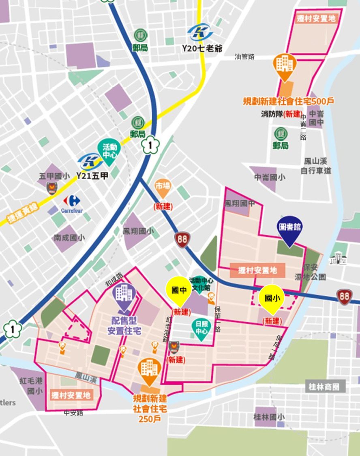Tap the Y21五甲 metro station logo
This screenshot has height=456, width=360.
90,161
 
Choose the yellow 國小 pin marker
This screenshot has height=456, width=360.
272,298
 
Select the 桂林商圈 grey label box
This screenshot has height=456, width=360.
326,386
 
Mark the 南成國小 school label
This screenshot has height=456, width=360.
69,238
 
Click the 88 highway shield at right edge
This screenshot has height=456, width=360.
345,296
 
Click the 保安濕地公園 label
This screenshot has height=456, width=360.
311,272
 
